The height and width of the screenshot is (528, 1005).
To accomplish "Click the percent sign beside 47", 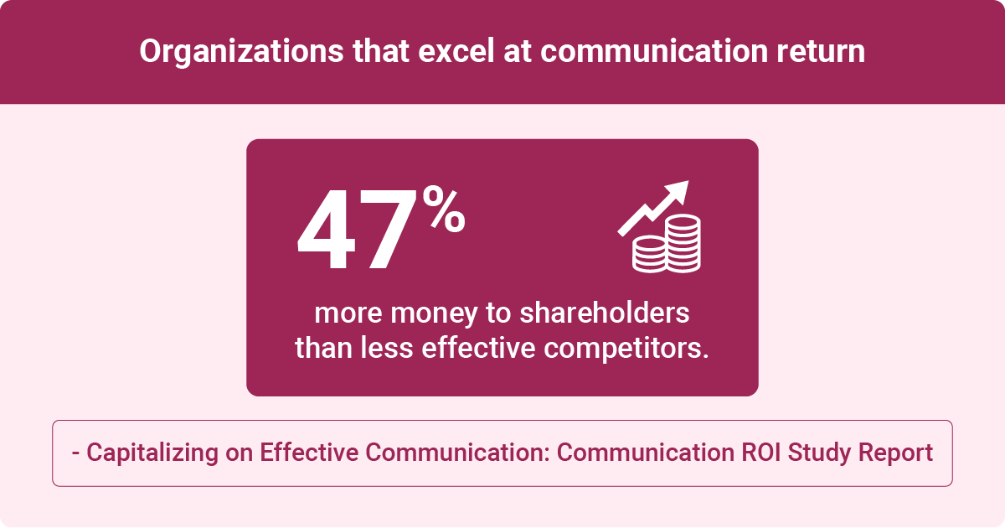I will [444, 209].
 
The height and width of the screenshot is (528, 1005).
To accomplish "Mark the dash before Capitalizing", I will [76, 453].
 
